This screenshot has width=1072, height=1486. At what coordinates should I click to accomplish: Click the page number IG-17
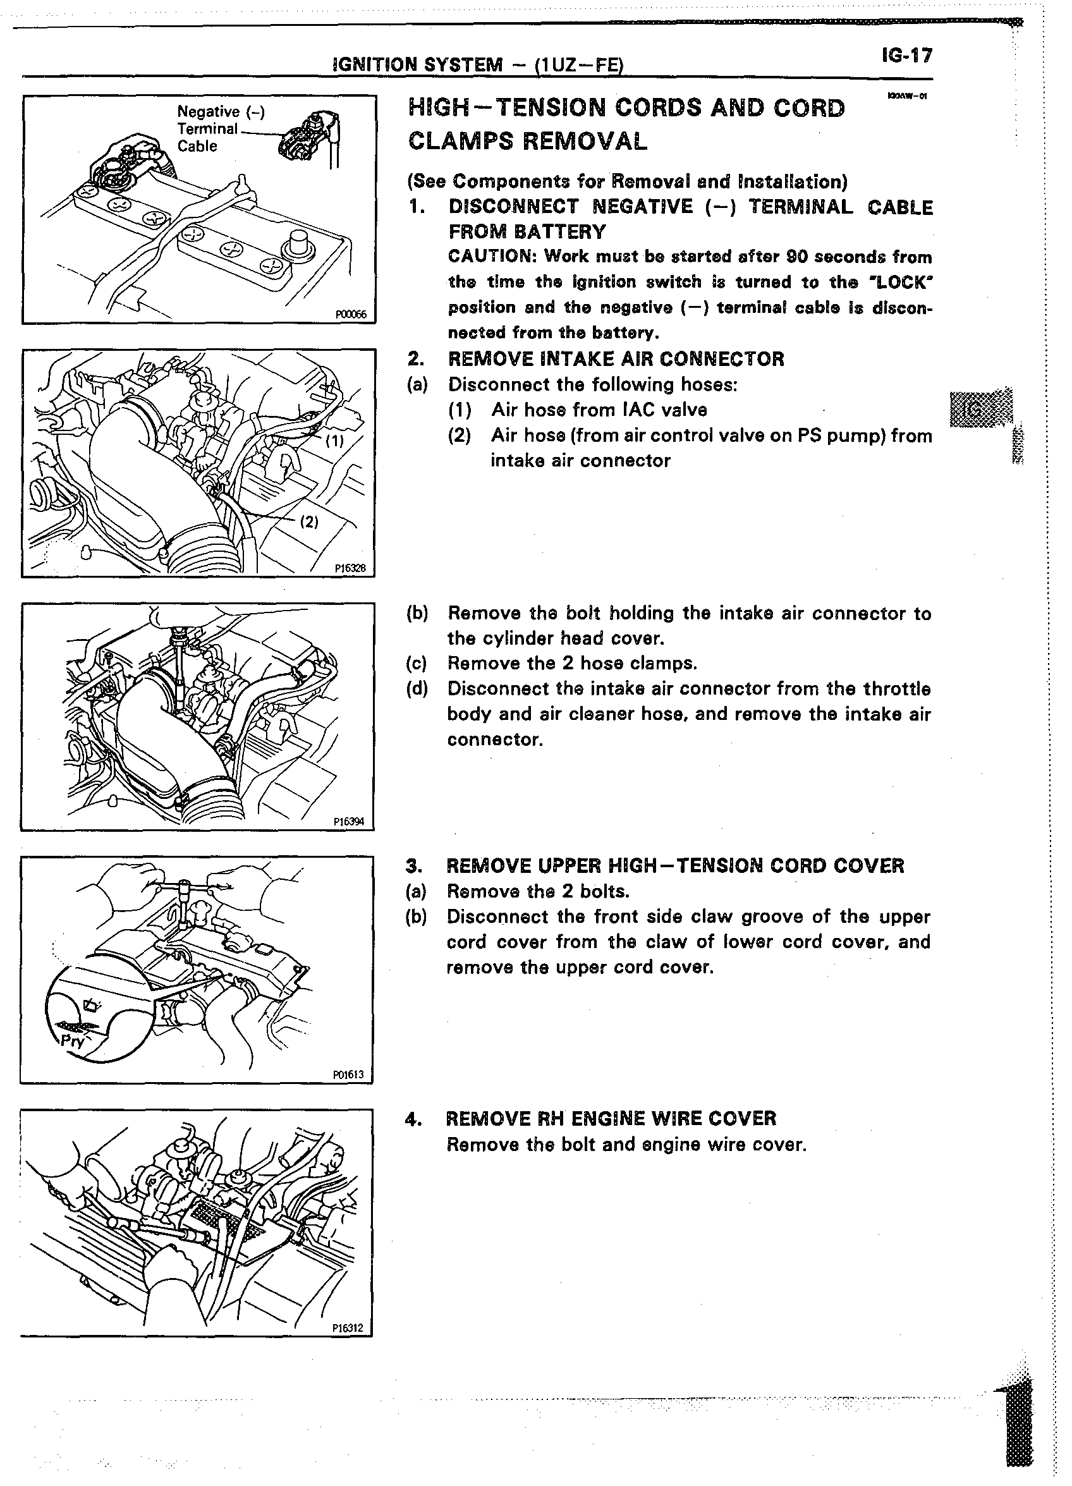[906, 56]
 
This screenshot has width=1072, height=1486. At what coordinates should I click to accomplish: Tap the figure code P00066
[351, 315]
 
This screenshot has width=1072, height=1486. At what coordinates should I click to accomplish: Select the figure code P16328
[350, 569]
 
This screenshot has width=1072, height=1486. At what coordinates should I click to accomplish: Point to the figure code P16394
[349, 822]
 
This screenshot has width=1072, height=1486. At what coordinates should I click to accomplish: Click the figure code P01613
[348, 1075]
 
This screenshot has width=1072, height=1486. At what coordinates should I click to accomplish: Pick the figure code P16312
[347, 1328]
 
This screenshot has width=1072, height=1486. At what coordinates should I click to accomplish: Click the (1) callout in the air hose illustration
[335, 441]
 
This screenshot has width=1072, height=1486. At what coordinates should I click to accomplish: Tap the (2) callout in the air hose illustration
[308, 521]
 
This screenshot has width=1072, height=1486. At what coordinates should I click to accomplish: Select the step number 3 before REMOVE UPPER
[412, 865]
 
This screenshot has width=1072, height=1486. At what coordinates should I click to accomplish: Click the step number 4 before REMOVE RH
[412, 1118]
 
